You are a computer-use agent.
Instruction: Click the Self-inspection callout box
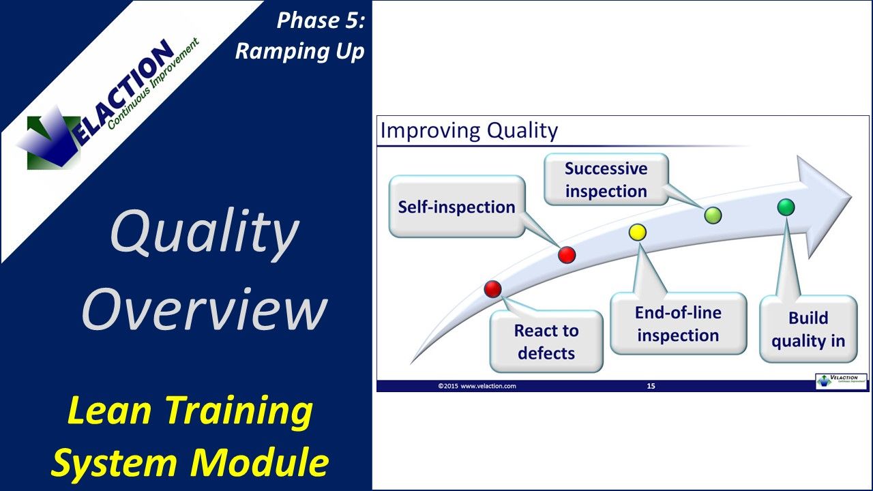456,207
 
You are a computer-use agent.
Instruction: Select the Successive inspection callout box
606,179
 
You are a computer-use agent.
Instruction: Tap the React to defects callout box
546,342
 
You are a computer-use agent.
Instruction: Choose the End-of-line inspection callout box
677,324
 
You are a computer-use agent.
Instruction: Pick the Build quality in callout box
808,329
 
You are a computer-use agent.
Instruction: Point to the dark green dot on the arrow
786,207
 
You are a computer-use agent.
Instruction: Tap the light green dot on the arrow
712,216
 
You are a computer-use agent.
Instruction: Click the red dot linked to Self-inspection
567,255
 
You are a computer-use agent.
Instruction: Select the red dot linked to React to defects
492,289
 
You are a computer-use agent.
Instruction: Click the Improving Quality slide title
469,130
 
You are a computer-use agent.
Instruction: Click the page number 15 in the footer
651,386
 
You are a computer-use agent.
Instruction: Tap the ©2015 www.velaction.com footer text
477,386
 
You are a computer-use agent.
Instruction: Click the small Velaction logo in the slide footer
841,381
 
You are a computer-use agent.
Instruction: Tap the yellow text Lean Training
190,411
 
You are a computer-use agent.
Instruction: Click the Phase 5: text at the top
321,21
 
